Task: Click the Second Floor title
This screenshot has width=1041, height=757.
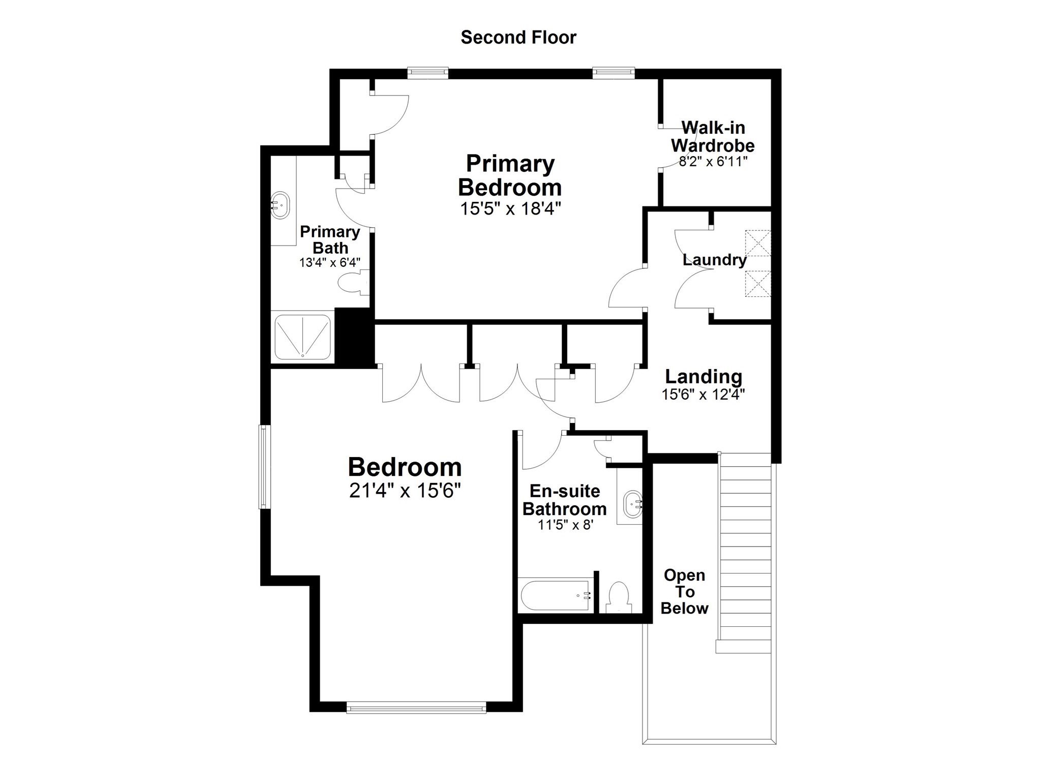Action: coord(518,38)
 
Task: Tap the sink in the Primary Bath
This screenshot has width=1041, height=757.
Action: coord(279,205)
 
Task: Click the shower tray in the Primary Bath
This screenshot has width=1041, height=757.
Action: coord(302,337)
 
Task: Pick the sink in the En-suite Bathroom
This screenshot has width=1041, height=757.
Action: coord(632,504)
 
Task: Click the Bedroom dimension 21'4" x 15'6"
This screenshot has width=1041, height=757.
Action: coord(405,491)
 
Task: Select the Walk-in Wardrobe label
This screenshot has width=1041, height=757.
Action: coord(712,136)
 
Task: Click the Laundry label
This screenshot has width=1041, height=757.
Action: coord(714,260)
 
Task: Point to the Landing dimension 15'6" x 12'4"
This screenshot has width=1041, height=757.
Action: coord(703,395)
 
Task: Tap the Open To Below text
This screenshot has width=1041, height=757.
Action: coord(684,592)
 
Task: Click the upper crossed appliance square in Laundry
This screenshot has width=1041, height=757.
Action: coord(757,243)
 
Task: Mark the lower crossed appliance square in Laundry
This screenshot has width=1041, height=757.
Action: coord(757,284)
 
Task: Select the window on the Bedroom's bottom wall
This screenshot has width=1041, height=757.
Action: coord(416,707)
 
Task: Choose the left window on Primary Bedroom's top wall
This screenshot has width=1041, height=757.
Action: coord(427,73)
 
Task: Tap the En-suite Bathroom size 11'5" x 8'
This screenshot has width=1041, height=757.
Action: coord(566,525)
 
